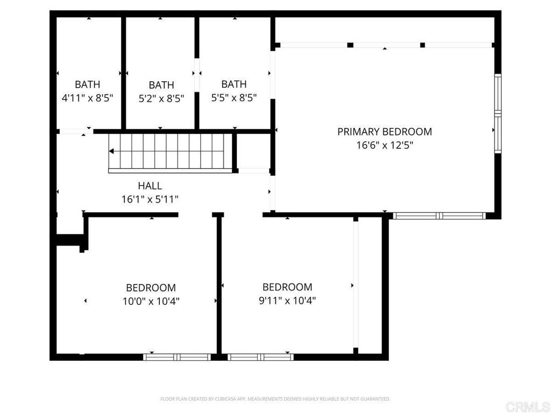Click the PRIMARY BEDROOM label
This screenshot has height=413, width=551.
click(x=384, y=131)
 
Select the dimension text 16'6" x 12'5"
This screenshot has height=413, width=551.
click(x=384, y=145)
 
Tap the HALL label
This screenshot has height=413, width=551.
click(x=150, y=186)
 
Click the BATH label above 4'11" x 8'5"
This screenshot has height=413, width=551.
click(x=87, y=84)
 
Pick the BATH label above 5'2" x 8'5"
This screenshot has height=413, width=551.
click(x=161, y=85)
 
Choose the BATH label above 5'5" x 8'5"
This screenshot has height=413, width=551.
click(x=234, y=84)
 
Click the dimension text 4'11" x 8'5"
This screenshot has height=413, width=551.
click(x=87, y=98)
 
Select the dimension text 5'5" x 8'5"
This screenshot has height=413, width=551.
click(x=234, y=98)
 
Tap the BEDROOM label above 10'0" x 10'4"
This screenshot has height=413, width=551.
click(x=151, y=288)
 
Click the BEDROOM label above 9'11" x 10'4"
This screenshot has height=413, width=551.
click(x=287, y=287)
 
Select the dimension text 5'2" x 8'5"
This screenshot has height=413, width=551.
click(x=161, y=99)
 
